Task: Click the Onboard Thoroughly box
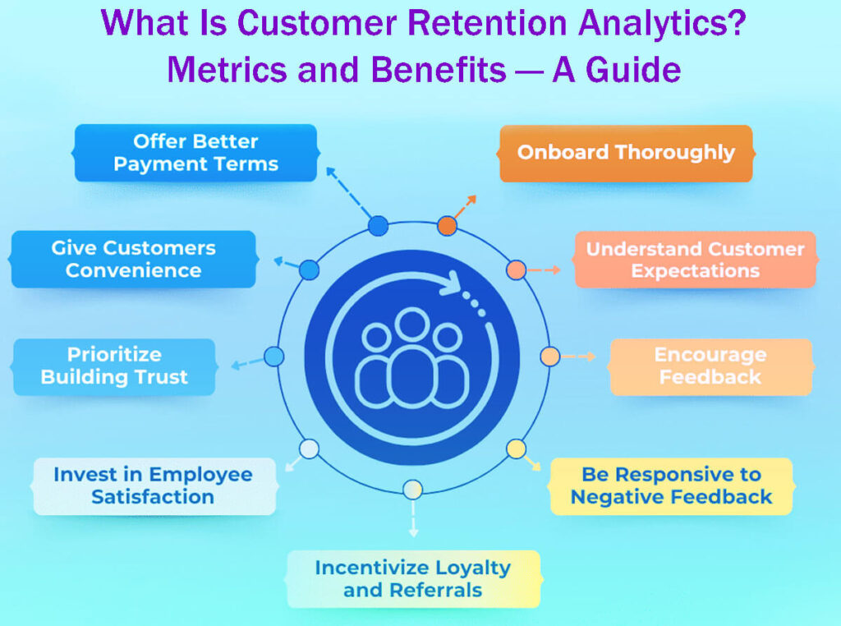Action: [x=626, y=153]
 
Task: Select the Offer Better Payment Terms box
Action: [x=195, y=153]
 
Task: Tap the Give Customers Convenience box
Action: [x=133, y=259]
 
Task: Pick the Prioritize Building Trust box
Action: [x=114, y=366]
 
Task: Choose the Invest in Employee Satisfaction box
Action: [x=153, y=486]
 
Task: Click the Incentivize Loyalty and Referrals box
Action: [x=413, y=579]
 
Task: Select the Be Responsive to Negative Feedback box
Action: [x=671, y=486]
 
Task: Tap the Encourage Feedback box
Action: [x=710, y=366]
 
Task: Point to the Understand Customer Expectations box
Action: [x=695, y=260]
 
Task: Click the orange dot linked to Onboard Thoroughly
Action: [x=447, y=225]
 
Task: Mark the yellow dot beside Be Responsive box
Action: [x=516, y=449]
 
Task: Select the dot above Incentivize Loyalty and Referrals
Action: [x=413, y=490]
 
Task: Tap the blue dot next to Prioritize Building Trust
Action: [x=274, y=357]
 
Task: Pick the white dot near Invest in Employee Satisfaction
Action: [x=309, y=449]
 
